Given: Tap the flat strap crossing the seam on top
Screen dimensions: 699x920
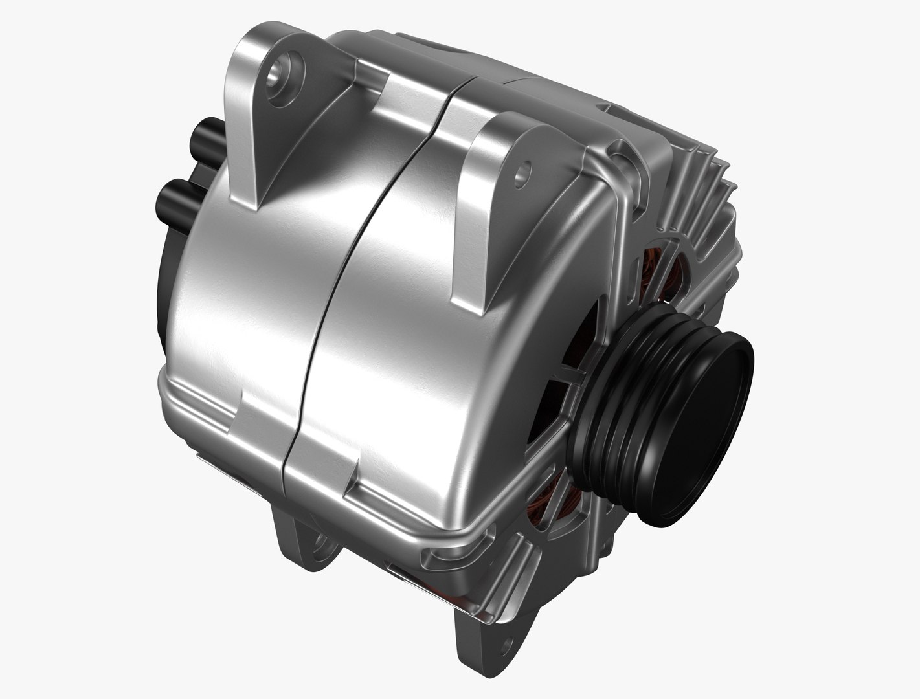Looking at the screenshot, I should [x=414, y=97].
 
